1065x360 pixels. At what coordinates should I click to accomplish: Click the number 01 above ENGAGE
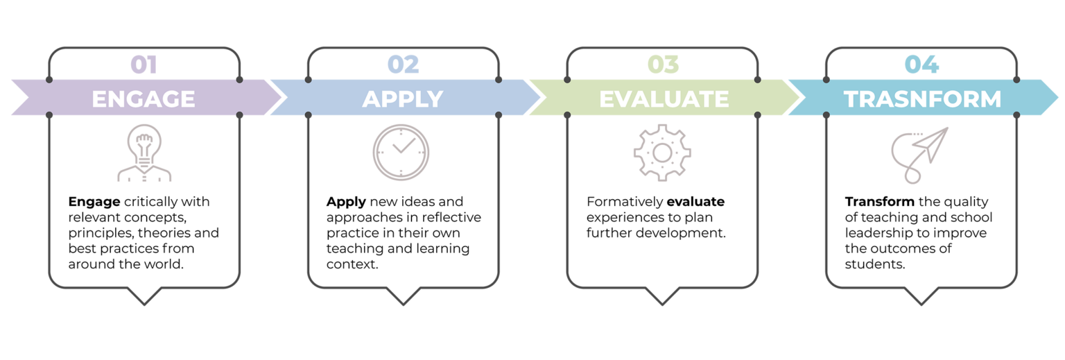pyautogui.click(x=144, y=65)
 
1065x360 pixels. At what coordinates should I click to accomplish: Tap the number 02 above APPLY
pyautogui.click(x=403, y=65)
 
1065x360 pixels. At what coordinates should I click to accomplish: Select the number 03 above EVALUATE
pyautogui.click(x=663, y=65)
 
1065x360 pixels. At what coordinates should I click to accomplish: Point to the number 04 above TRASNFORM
pyautogui.click(x=921, y=65)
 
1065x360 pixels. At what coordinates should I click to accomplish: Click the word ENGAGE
pyautogui.click(x=144, y=98)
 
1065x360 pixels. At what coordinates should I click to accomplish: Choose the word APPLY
pyautogui.click(x=403, y=98)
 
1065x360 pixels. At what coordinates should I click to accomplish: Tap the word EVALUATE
pyautogui.click(x=664, y=98)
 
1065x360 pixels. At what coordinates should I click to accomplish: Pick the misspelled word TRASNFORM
pyautogui.click(x=922, y=98)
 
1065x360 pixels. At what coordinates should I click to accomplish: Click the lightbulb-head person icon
pyautogui.click(x=144, y=154)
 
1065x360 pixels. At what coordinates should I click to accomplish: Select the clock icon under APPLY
pyautogui.click(x=401, y=152)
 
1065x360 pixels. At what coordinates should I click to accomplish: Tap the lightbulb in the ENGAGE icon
pyautogui.click(x=144, y=141)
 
